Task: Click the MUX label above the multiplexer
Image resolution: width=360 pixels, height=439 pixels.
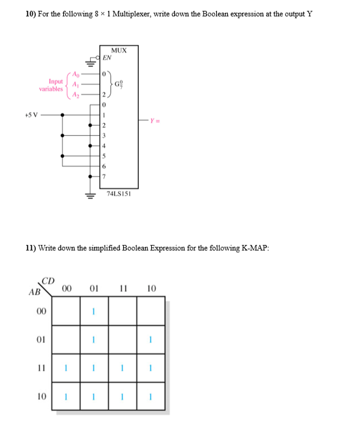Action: (119, 50)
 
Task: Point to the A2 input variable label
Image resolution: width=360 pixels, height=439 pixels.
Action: (76, 95)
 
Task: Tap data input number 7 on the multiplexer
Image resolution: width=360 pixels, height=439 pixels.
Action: (104, 176)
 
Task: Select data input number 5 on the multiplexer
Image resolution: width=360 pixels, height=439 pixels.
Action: (104, 155)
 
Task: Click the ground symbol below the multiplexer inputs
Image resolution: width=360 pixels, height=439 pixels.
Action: (91, 196)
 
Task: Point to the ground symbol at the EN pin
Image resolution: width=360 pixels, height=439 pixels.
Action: (90, 62)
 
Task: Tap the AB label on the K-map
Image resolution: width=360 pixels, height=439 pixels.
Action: (34, 291)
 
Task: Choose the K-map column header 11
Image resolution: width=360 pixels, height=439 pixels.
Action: (122, 288)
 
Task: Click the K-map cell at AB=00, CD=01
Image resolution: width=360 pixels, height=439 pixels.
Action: (94, 311)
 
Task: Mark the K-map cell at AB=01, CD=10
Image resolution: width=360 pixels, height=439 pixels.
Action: (150, 340)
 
